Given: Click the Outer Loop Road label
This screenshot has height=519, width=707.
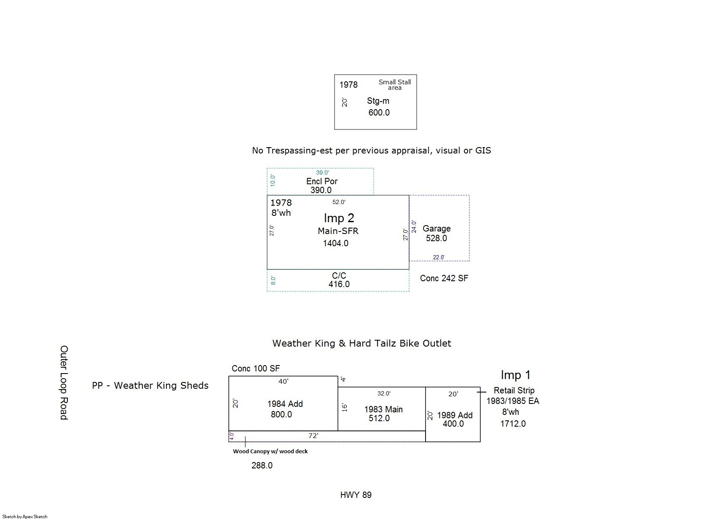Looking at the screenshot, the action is [64, 382].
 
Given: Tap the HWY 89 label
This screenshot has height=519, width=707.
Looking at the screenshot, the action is [356, 495].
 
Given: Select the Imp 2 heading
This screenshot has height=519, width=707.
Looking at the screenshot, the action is [339, 218].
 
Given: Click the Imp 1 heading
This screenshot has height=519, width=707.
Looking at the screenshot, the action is [515, 375].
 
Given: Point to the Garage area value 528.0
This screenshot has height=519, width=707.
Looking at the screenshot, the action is [436, 238].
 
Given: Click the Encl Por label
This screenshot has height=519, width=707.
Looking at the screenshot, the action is [321, 181].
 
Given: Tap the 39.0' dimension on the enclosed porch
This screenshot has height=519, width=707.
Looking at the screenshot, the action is [322, 172].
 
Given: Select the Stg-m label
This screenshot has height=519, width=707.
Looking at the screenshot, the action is [378, 101].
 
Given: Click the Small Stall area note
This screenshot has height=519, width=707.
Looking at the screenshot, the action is [394, 85].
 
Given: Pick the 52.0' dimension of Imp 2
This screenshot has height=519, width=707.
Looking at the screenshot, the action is [339, 202].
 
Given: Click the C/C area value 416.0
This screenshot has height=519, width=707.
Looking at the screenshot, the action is [339, 284].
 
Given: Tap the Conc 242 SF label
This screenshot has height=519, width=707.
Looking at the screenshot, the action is [444, 278].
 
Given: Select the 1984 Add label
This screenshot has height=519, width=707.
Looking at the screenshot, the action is [285, 404].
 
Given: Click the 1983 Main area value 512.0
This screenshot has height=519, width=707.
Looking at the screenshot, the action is [379, 418].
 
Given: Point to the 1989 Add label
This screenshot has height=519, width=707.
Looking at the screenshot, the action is [455, 415].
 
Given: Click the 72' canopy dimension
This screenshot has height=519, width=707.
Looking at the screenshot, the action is [313, 436].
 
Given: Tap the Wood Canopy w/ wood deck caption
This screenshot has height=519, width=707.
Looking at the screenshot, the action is [270, 452].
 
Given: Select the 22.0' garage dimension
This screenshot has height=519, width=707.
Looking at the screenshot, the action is [439, 258].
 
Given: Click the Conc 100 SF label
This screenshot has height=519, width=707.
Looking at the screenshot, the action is [256, 368].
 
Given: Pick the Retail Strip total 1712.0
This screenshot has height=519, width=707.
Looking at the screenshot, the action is [513, 424].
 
